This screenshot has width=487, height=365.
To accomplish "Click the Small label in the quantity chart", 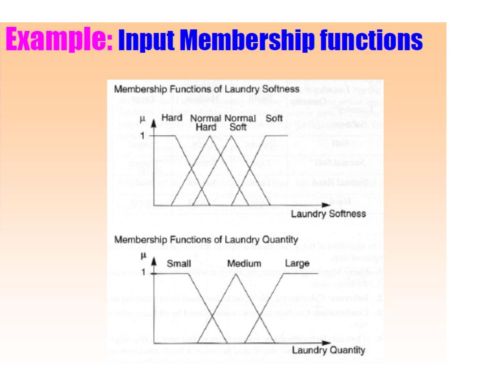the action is point(179,264).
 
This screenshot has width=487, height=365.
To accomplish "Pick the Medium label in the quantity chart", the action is point(244,264).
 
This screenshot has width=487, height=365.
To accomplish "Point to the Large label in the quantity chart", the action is point(297,263).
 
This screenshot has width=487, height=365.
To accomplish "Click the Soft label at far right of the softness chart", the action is point(274,118).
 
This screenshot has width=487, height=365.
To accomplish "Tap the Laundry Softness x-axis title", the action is point(328,214).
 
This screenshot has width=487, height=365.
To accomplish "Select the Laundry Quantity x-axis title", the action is point(328,350).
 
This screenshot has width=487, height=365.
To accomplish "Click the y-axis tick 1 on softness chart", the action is point(143,136).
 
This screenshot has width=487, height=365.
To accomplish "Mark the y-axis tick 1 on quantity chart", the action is point(143,272).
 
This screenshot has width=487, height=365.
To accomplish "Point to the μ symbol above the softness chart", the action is point(142,119).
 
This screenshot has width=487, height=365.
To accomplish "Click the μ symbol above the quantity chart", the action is point(143,255).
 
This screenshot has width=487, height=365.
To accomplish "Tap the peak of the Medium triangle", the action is point(236,274).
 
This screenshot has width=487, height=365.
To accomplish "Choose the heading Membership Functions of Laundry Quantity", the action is point(206,240).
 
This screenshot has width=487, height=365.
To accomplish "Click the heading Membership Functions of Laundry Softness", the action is point(206,89).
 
